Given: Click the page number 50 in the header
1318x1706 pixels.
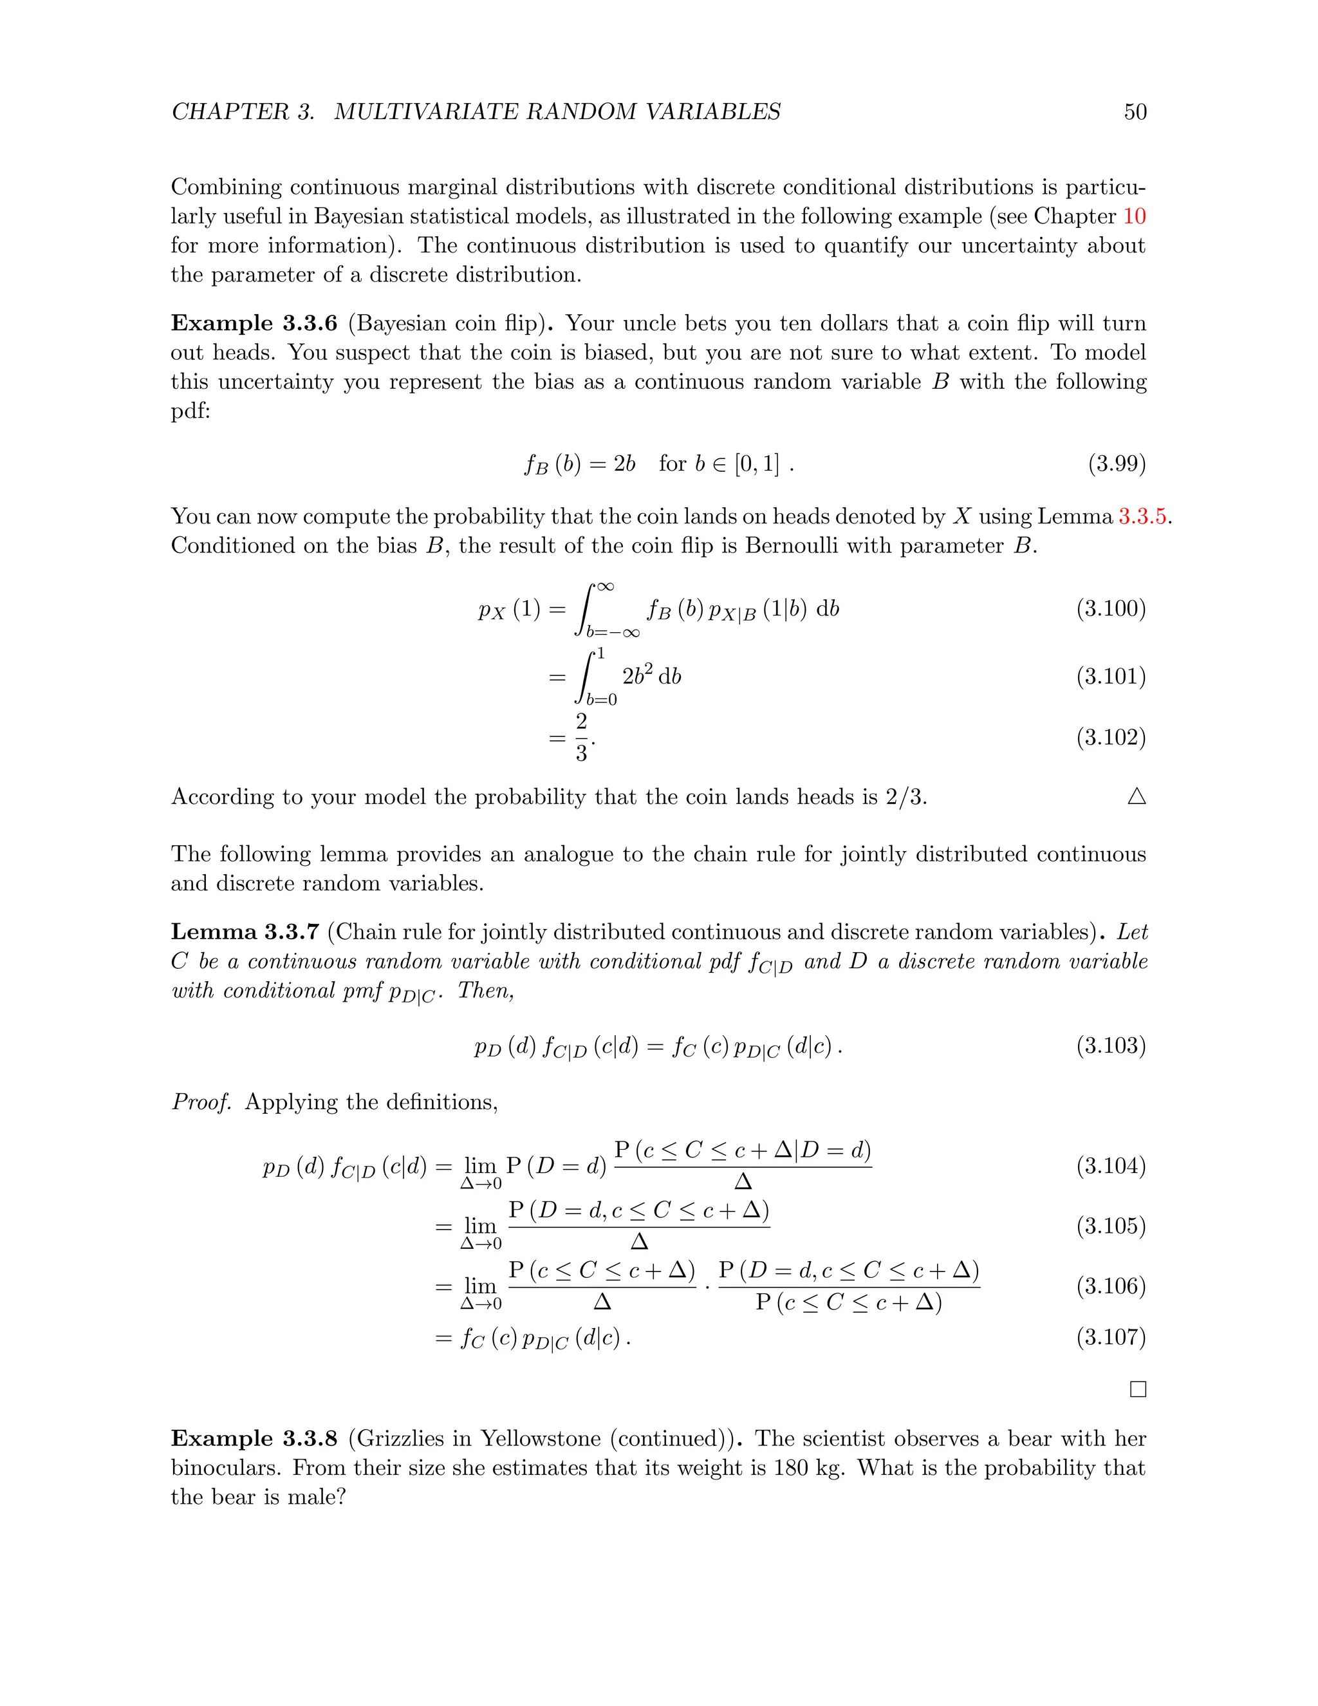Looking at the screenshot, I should [x=1135, y=112].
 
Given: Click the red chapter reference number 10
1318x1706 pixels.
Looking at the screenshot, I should [x=1134, y=216].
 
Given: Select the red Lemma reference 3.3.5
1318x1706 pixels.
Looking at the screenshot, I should [x=1144, y=516].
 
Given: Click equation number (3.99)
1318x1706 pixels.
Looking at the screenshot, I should [x=1117, y=464].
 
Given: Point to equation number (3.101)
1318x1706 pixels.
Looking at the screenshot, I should [x=1110, y=677].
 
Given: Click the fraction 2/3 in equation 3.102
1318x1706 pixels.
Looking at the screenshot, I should [x=581, y=737].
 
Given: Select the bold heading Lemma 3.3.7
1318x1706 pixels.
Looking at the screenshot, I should [x=245, y=932].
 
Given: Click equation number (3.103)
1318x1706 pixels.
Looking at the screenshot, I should [x=1110, y=1045].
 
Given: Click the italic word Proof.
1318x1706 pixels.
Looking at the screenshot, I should [x=201, y=1102].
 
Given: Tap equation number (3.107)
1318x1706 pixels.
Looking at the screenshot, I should [x=1110, y=1337].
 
